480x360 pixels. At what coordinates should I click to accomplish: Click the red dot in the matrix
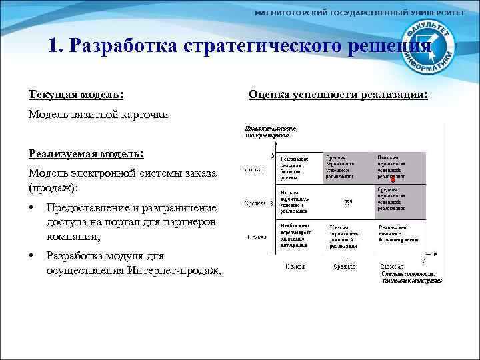tap(393, 179)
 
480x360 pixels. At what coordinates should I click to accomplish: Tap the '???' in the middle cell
tap(347, 202)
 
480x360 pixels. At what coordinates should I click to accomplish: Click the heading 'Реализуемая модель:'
tap(86, 153)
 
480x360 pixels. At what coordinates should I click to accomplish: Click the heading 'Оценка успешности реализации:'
tap(338, 95)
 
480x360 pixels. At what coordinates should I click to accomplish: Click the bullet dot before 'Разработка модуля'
tap(32, 257)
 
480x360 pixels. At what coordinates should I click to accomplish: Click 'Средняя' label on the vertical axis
tap(255, 203)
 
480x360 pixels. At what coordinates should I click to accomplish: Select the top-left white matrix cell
tap(298, 168)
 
